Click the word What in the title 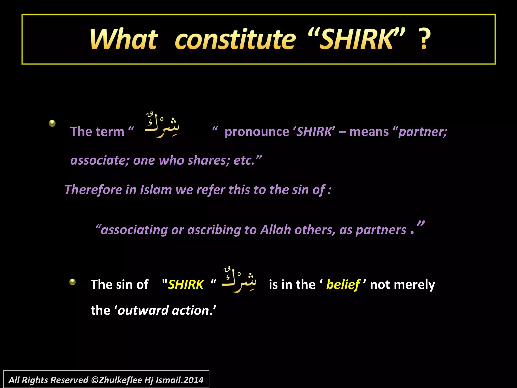[x=124, y=39]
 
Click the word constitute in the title [x=235, y=39]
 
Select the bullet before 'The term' [x=52, y=123]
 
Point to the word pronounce [x=257, y=132]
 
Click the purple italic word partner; [x=423, y=132]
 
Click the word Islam [x=156, y=190]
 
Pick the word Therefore [x=93, y=190]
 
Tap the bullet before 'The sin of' [x=72, y=282]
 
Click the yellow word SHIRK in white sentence [x=186, y=285]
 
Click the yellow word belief [x=343, y=285]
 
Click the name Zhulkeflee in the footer [x=120, y=380]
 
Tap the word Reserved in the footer [x=69, y=380]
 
